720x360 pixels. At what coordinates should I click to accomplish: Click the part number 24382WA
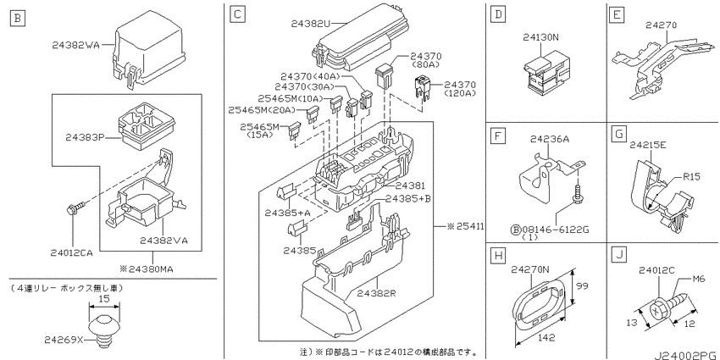[x=76, y=45]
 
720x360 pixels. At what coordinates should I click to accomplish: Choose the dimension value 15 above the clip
[x=104, y=297]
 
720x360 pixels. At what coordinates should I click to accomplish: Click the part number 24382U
[x=312, y=23]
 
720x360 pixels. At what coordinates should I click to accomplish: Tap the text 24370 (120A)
[x=459, y=89]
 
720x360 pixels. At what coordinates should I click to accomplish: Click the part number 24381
[x=410, y=186]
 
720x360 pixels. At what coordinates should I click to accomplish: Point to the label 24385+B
[x=407, y=199]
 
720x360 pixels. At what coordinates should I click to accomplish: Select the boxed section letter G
[x=619, y=136]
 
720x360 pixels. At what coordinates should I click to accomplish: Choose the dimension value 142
[x=546, y=337]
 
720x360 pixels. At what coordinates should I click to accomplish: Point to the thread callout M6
[x=699, y=280]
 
